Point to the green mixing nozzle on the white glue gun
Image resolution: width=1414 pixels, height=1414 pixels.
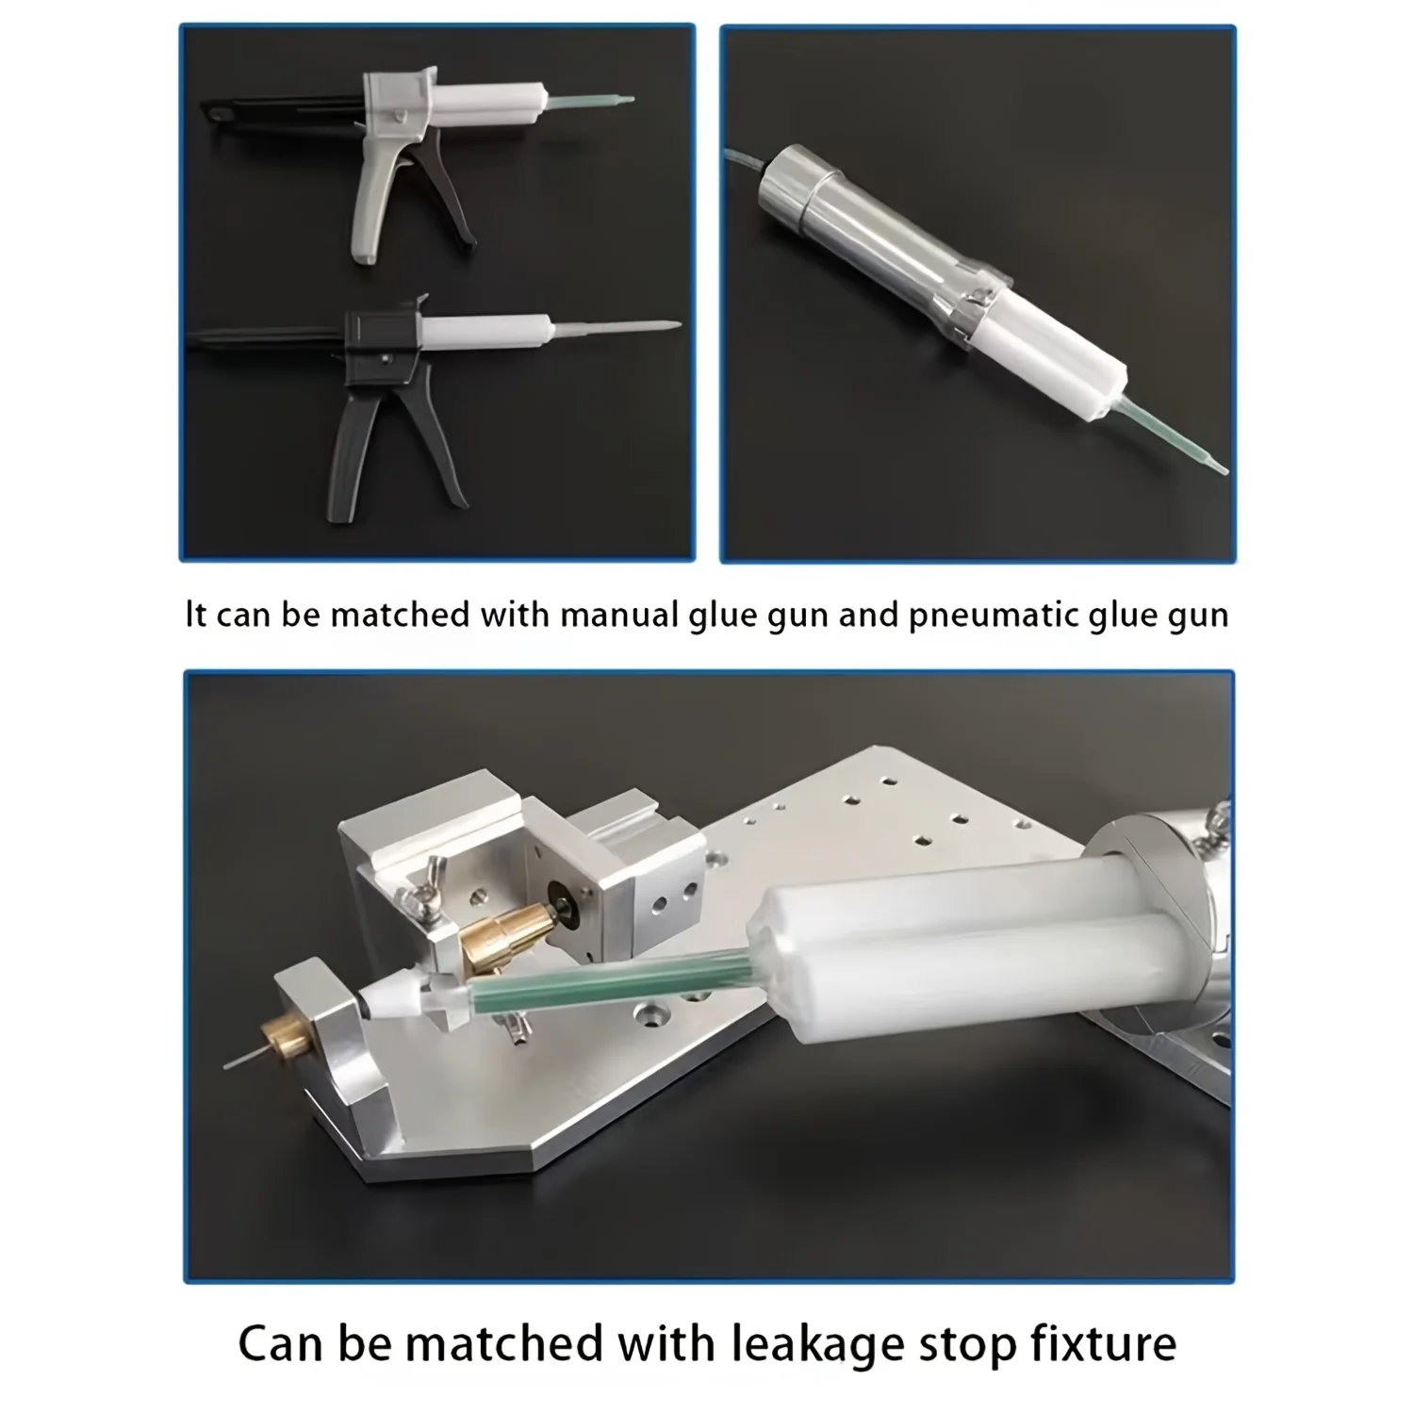[x=589, y=101]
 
